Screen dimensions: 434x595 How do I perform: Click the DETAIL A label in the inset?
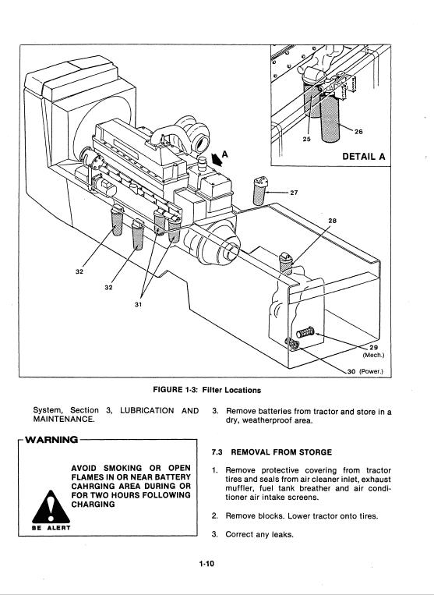click(364, 156)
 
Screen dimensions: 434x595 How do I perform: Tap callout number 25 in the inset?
click(307, 140)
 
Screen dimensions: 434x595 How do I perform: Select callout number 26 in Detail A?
click(358, 132)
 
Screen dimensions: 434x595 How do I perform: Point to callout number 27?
click(294, 193)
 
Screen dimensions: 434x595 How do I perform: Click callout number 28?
click(332, 221)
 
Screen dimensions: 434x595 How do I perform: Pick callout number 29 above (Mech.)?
click(374, 347)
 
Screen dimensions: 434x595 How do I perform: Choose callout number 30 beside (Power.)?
click(351, 371)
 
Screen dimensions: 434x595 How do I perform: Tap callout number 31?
click(139, 304)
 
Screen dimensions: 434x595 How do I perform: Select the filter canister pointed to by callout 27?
click(259, 191)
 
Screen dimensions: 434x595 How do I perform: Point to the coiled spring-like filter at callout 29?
click(305, 332)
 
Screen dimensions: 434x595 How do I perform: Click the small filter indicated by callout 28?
click(286, 264)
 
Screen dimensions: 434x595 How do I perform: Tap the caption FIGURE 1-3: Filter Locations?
click(207, 390)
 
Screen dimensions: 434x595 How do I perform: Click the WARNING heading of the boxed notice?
click(51, 440)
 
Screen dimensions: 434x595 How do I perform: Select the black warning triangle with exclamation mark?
click(51, 507)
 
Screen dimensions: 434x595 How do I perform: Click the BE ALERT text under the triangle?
click(51, 528)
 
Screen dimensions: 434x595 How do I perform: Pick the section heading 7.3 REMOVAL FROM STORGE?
click(272, 452)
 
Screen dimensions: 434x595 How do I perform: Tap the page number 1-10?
click(206, 564)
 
